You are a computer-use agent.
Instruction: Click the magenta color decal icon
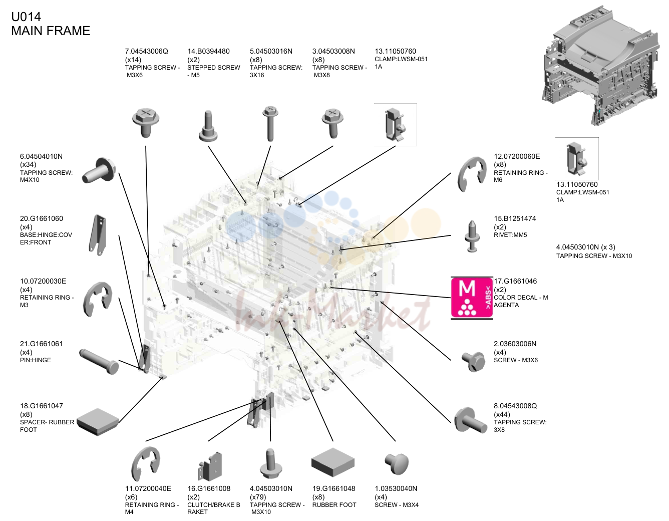(x=472, y=298)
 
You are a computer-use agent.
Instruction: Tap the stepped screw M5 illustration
(x=208, y=126)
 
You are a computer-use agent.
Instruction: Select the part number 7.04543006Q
(x=147, y=51)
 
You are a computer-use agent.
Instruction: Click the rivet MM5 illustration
(x=472, y=236)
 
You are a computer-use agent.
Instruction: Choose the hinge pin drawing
(x=99, y=361)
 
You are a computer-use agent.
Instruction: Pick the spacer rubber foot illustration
(x=98, y=421)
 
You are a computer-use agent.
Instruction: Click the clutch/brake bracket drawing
(x=210, y=466)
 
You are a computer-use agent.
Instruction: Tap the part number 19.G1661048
(x=333, y=488)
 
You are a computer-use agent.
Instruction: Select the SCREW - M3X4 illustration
(x=397, y=463)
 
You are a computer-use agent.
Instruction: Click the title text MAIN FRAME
(x=51, y=31)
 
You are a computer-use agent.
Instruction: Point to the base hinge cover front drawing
(x=98, y=235)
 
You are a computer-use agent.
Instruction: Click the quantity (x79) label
(x=258, y=497)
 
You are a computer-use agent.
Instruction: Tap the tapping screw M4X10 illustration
(x=99, y=171)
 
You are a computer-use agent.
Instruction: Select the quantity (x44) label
(x=502, y=414)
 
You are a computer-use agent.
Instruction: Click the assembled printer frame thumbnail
(x=601, y=65)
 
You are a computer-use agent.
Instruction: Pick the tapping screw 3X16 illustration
(x=270, y=124)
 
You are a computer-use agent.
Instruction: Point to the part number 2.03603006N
(x=515, y=344)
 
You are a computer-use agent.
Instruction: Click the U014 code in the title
(x=26, y=17)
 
